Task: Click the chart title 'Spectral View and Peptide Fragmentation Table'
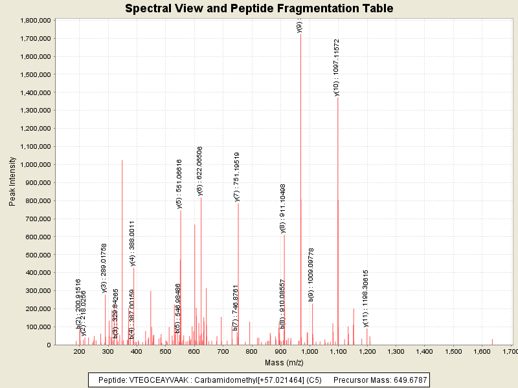coord(259,8)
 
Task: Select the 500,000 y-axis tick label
coord(34,255)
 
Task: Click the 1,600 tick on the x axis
coord(482,351)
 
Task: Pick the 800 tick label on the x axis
coord(252,351)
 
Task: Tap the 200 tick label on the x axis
coord(80,351)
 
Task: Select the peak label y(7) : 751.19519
coord(237,177)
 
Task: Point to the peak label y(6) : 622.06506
coord(200,171)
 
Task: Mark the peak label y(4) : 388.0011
coord(133,243)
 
